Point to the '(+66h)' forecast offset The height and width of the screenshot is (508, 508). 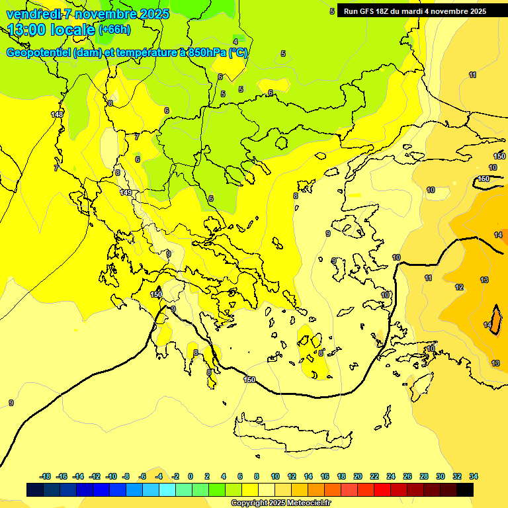click(114, 30)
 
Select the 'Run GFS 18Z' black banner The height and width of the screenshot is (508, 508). click(415, 11)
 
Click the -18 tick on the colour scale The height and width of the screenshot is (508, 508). click(46, 476)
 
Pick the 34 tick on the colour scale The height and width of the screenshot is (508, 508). click(474, 476)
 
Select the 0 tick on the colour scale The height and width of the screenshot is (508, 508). click(190, 476)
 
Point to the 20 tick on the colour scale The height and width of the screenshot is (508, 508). click(358, 476)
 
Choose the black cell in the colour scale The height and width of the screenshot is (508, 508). click(466, 490)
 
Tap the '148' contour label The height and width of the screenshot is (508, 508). click(58, 114)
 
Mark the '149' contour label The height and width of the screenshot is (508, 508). click(126, 192)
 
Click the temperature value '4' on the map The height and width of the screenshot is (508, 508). click(235, 42)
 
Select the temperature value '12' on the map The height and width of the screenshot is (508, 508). click(459, 287)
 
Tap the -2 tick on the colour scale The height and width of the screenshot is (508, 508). click(175, 476)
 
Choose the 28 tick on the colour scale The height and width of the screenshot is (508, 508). click(424, 476)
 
